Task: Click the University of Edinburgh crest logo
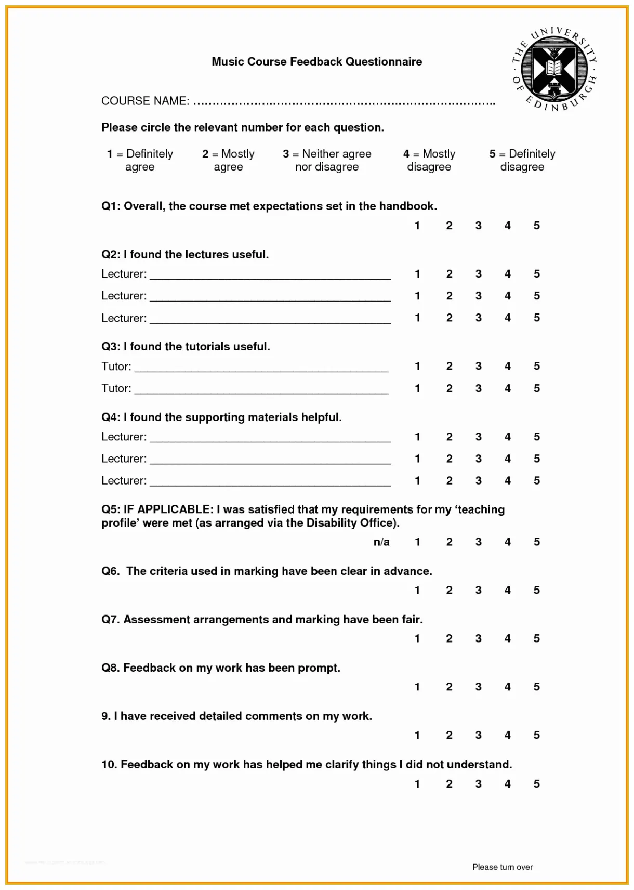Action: click(x=554, y=70)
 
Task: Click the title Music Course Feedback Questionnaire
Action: click(x=316, y=62)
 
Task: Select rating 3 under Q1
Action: click(x=478, y=226)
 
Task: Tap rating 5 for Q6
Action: click(x=536, y=590)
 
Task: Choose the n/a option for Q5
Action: click(x=381, y=542)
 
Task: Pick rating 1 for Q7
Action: click(x=417, y=638)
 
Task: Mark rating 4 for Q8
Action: click(x=507, y=687)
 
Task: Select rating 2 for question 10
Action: click(x=449, y=783)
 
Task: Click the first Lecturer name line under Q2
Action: click(x=270, y=276)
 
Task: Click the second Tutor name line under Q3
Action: click(x=261, y=390)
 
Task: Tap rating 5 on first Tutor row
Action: click(x=536, y=366)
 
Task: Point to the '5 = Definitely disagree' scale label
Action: click(x=522, y=160)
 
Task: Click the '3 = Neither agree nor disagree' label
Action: click(x=327, y=160)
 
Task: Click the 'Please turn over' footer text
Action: click(x=502, y=867)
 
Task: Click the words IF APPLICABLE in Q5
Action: click(x=168, y=509)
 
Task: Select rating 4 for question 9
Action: click(x=507, y=735)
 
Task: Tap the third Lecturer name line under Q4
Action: click(x=270, y=482)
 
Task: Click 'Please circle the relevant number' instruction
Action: click(x=242, y=127)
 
